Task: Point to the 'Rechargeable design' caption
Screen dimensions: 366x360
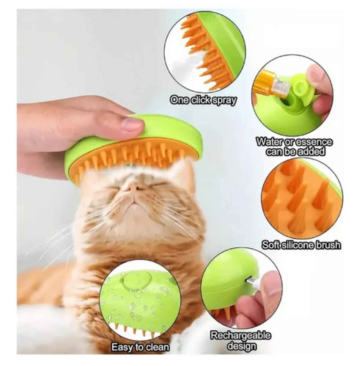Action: click(234, 340)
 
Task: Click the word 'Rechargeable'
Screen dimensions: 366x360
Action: click(234, 335)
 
